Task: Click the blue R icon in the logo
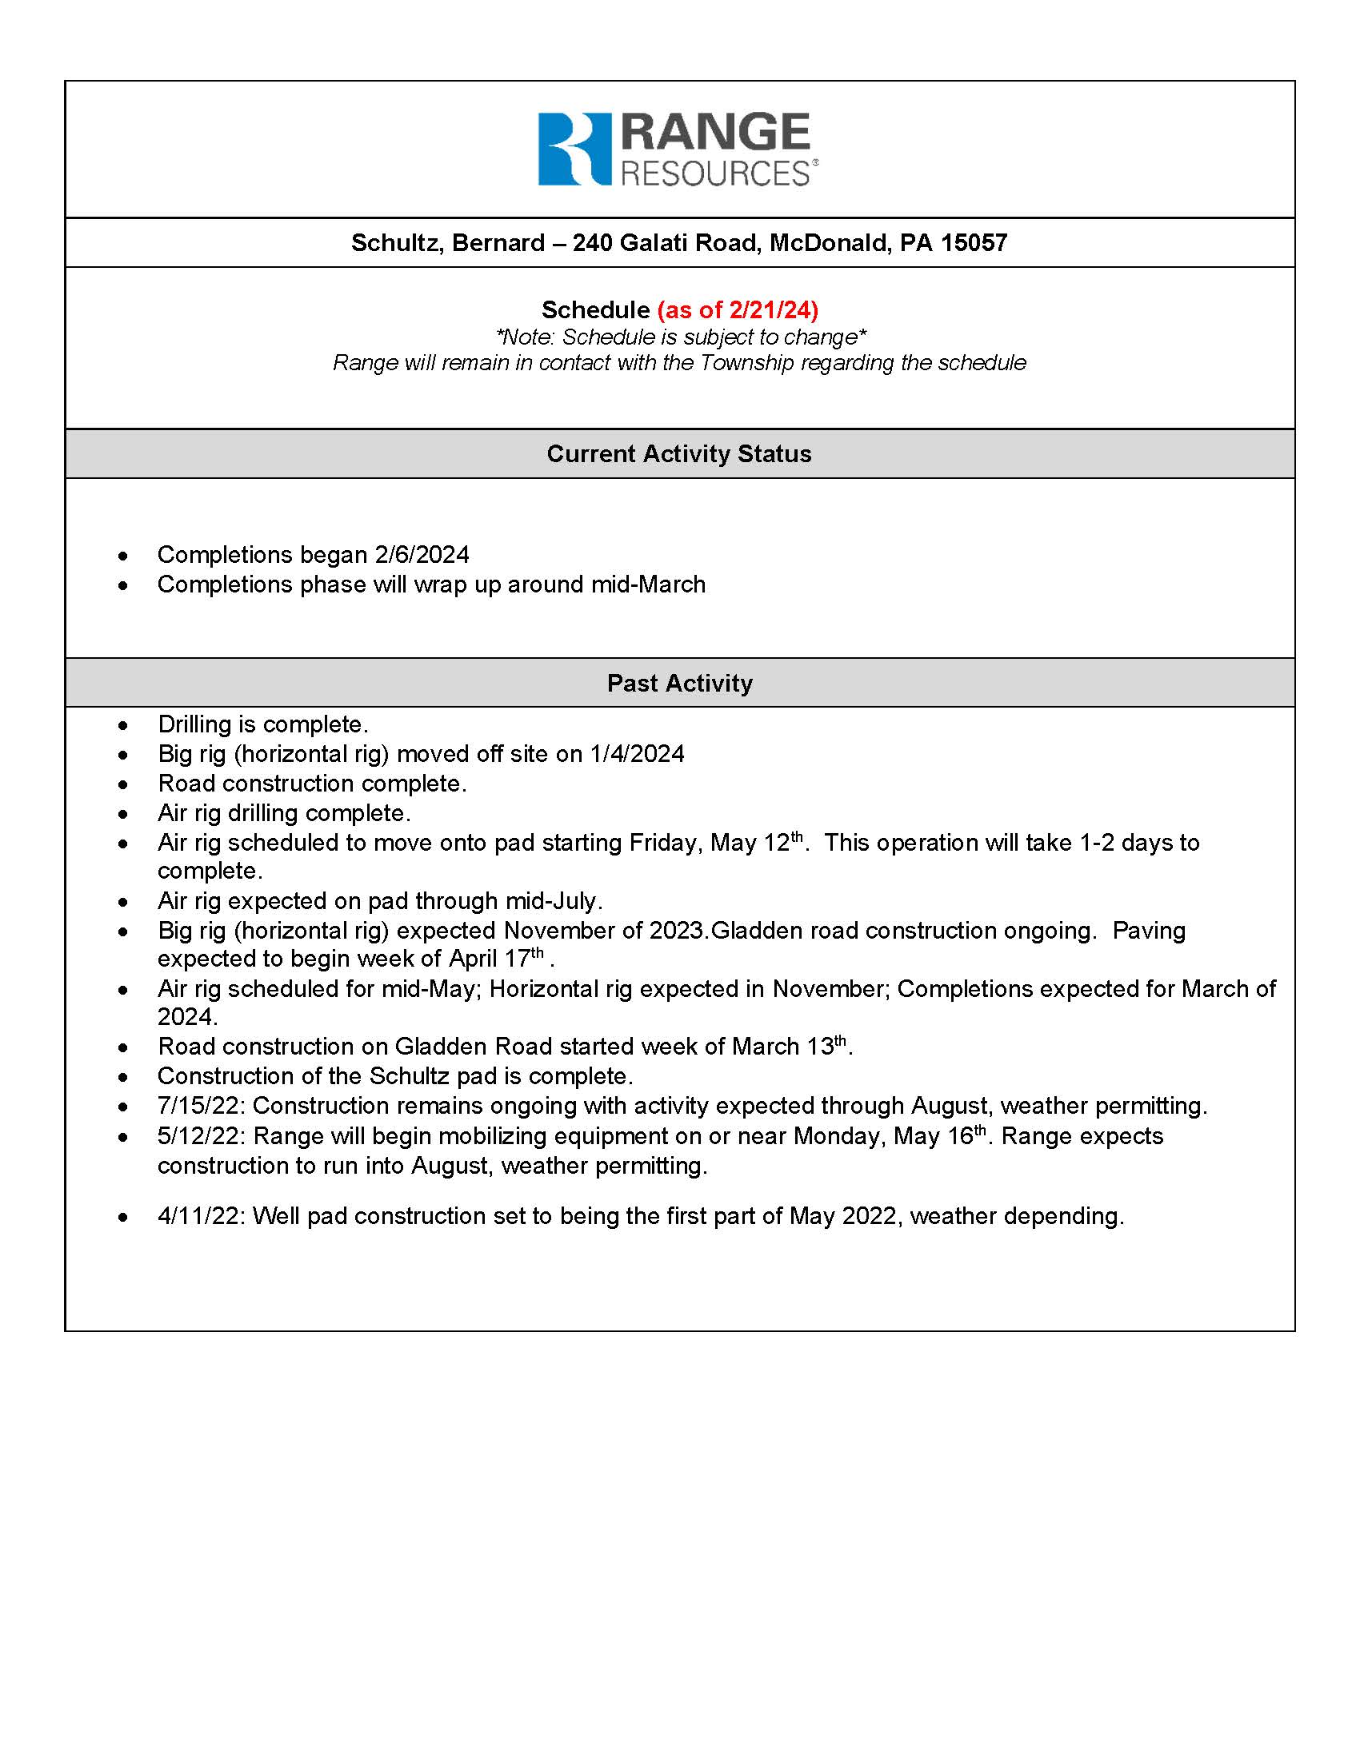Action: [574, 149]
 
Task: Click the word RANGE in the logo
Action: [715, 133]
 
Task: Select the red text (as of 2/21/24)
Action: [738, 309]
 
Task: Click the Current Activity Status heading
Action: [679, 453]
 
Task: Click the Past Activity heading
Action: [679, 683]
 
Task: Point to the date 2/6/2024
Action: [422, 555]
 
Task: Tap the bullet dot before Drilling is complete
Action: [122, 726]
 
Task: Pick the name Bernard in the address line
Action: [497, 242]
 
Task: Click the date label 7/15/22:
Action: [202, 1106]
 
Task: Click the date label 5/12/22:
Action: [202, 1135]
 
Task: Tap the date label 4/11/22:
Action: [202, 1215]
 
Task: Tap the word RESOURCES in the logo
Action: [715, 174]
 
